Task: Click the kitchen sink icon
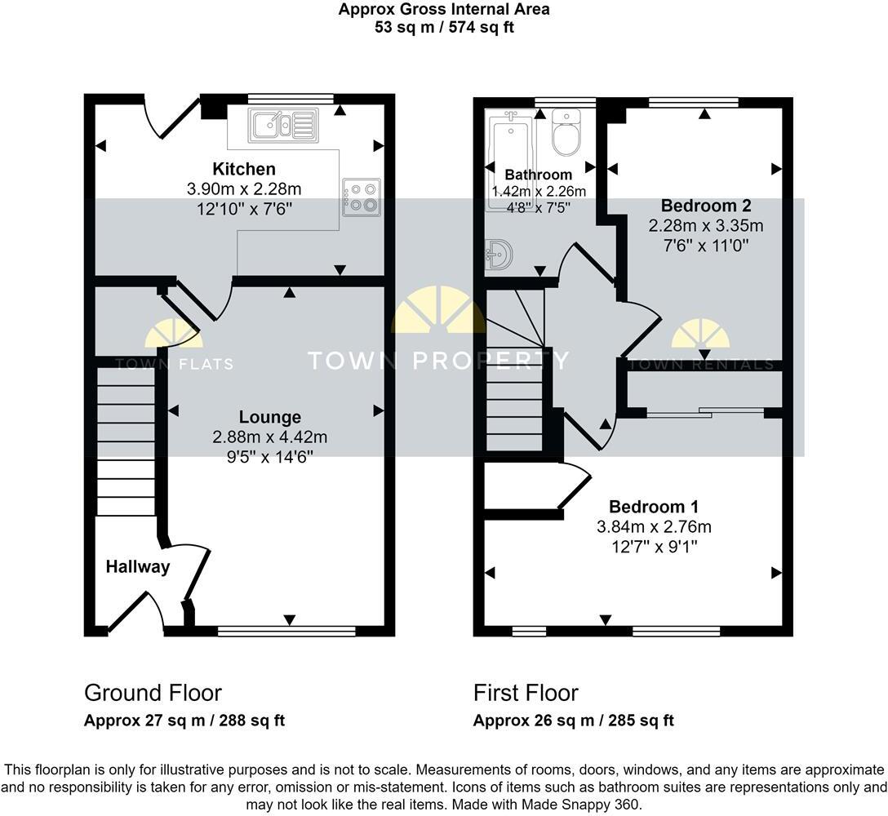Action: tap(282, 125)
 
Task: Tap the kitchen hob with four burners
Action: tap(361, 197)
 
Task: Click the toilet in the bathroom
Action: tap(566, 135)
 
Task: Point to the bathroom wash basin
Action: tap(498, 254)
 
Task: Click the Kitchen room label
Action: tap(244, 170)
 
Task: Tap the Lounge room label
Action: tap(270, 418)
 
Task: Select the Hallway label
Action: tap(137, 566)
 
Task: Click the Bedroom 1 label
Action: tap(654, 507)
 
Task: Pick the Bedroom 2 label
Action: tap(706, 205)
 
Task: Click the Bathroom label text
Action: tap(538, 175)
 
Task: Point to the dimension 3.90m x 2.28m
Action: tap(244, 189)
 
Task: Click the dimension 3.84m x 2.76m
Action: tap(654, 526)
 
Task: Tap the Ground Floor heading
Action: tap(153, 693)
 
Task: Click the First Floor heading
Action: tap(526, 693)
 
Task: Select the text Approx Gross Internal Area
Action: tap(444, 10)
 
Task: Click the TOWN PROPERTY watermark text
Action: tap(437, 360)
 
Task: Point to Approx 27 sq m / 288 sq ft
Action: tap(184, 721)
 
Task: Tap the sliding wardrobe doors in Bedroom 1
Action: tap(705, 414)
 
